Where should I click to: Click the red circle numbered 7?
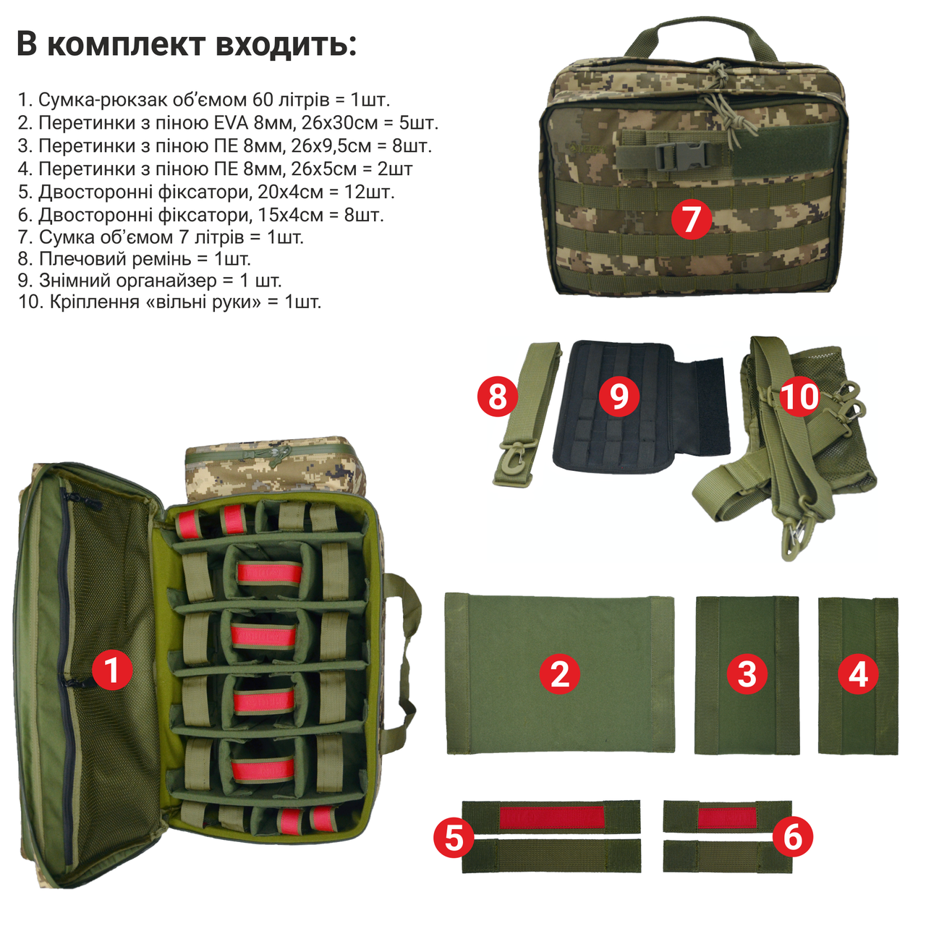point(691,218)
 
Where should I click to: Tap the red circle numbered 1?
point(112,669)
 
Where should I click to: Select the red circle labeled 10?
point(799,397)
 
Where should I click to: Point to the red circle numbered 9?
point(619,396)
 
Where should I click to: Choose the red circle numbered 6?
point(793,837)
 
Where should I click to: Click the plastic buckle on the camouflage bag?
point(677,156)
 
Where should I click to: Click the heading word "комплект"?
point(127,44)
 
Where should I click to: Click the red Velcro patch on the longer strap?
point(551,817)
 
